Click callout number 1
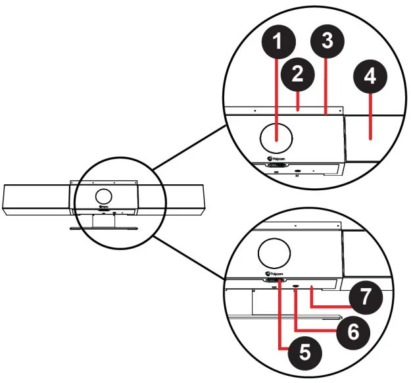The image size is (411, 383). (x=279, y=41)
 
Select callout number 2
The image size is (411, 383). (x=297, y=74)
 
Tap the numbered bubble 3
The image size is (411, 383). (x=327, y=41)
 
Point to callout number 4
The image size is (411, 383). (x=370, y=76)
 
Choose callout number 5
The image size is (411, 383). (x=304, y=353)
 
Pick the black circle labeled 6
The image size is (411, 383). (x=353, y=331)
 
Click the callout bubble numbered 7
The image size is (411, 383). (x=366, y=297)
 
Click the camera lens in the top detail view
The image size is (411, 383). (x=276, y=138)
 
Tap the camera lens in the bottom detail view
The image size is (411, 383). (x=274, y=253)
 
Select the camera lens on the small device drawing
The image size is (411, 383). (x=103, y=196)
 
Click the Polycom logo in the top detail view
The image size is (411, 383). (x=276, y=159)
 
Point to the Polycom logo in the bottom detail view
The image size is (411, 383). (x=274, y=274)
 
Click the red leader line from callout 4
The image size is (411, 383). (x=370, y=116)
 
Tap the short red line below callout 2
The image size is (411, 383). (x=297, y=101)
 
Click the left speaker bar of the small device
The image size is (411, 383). (x=36, y=200)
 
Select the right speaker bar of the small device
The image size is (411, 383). (x=171, y=200)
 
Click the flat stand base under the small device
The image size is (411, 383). (x=103, y=228)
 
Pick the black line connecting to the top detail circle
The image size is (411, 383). (x=190, y=147)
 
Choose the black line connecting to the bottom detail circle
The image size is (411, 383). (x=189, y=257)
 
